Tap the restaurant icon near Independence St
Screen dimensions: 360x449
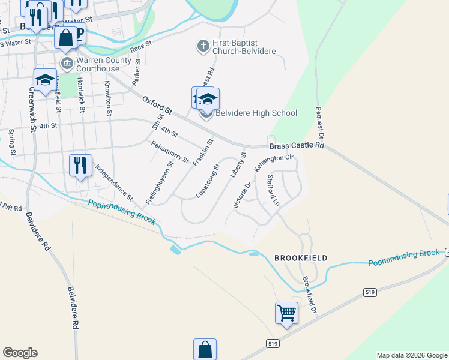tap(80, 165)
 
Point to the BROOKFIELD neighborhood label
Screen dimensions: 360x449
tap(301, 258)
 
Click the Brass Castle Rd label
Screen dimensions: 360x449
tap(297, 146)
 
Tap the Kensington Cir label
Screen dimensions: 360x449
tap(274, 163)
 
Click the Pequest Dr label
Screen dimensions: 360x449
tap(320, 124)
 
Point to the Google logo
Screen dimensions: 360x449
tap(20, 353)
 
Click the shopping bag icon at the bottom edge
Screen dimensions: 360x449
tap(205, 349)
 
